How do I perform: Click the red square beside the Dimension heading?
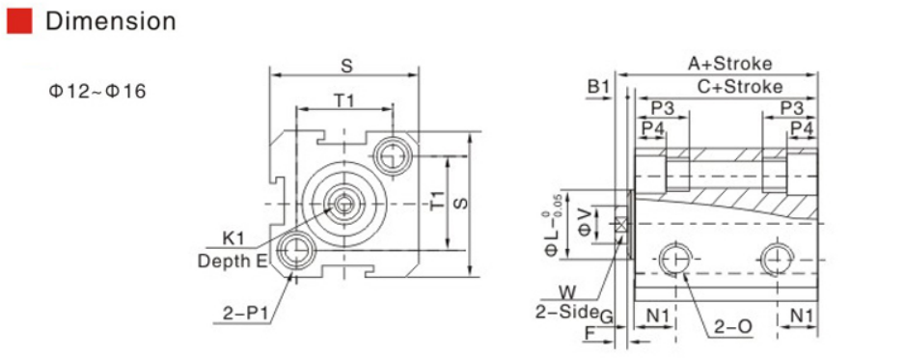[x=19, y=21]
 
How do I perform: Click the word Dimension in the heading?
[x=111, y=21]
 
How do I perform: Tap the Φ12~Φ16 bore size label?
[x=96, y=91]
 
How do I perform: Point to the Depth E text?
[x=233, y=262]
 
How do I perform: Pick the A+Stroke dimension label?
[x=729, y=63]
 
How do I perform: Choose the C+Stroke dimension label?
[x=740, y=87]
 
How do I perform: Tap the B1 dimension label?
[x=598, y=87]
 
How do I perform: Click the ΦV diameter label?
[x=586, y=222]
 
